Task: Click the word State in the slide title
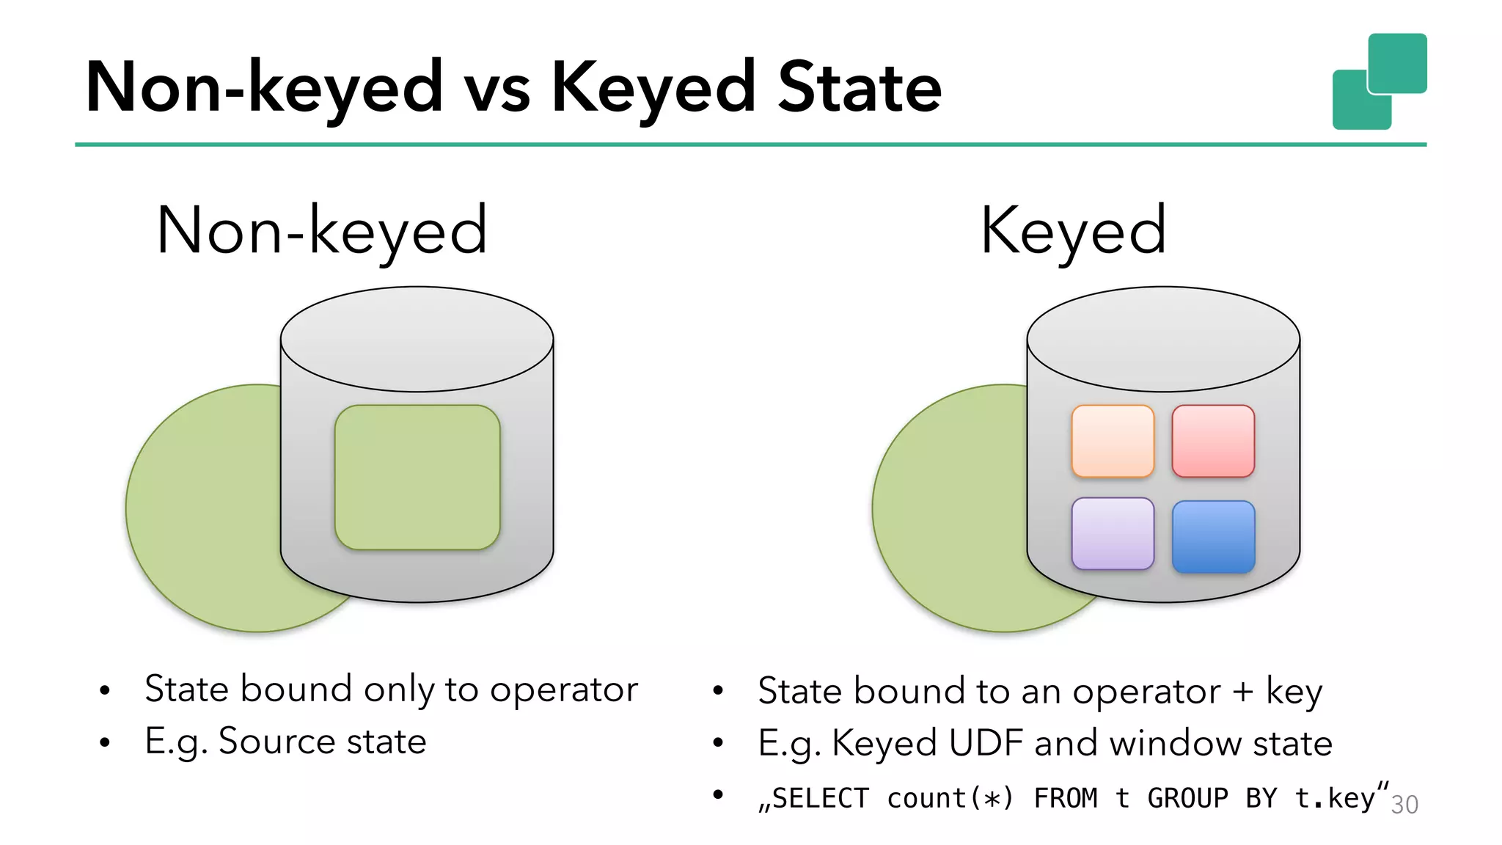(x=859, y=89)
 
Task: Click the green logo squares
(x=1379, y=81)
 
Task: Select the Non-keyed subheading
(x=322, y=232)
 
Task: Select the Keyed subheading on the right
(x=1073, y=232)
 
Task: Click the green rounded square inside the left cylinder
(x=417, y=478)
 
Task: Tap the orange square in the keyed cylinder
(x=1113, y=442)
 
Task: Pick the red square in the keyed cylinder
(x=1213, y=442)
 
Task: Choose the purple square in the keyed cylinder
(x=1113, y=534)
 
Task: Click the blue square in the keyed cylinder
(x=1213, y=537)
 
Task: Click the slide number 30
(x=1404, y=805)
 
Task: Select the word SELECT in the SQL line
(x=820, y=798)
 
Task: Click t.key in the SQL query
(x=1334, y=798)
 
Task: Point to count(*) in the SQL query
(x=950, y=798)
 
